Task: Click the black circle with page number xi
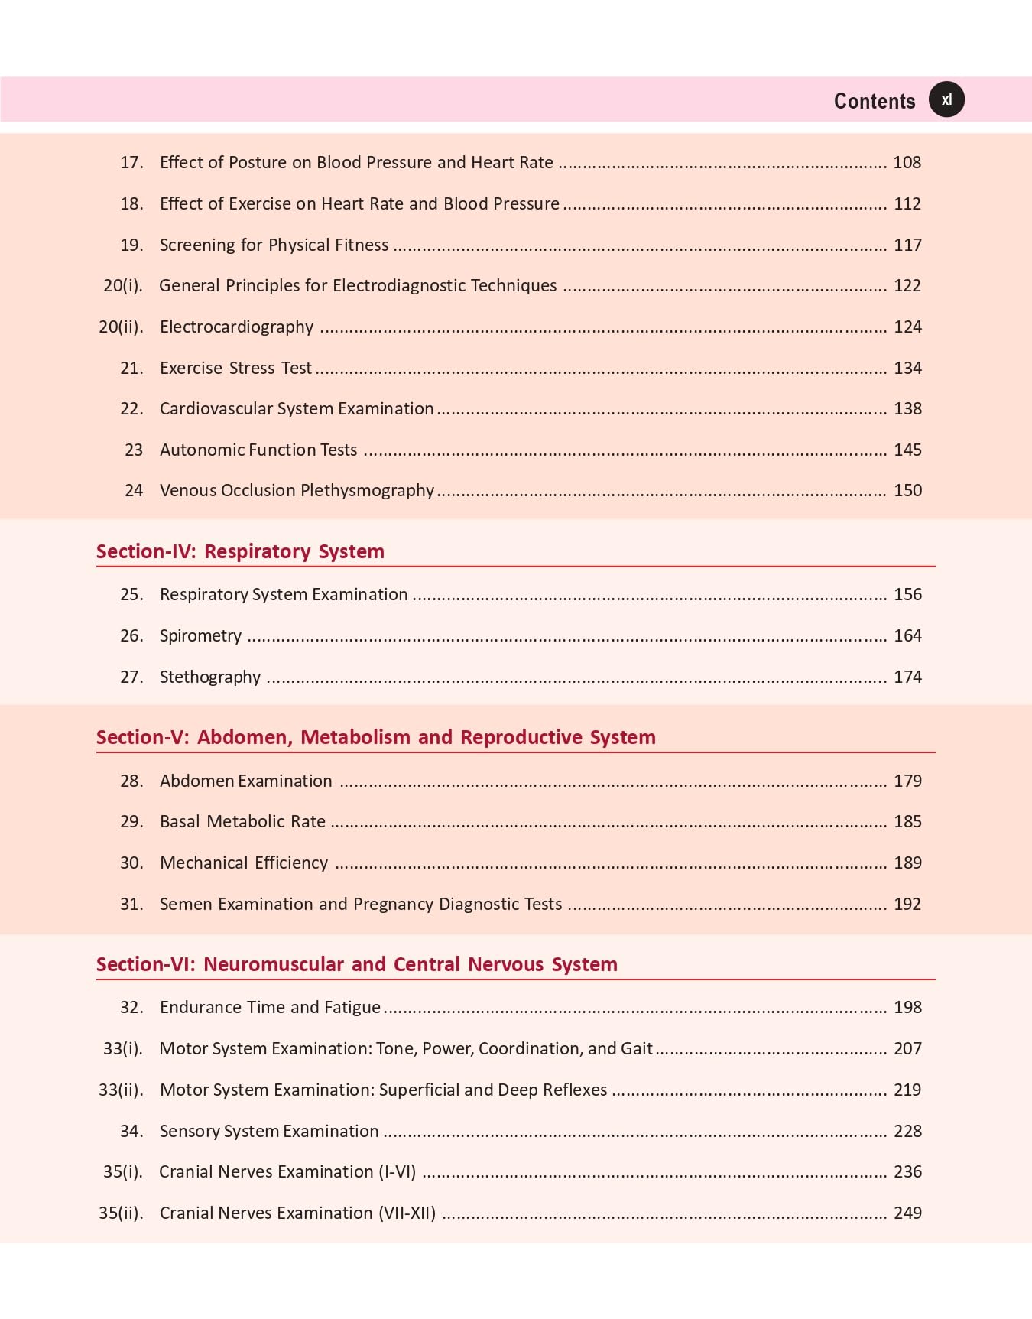click(946, 100)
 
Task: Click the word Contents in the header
click(874, 101)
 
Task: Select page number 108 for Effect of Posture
click(907, 162)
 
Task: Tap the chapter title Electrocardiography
click(236, 327)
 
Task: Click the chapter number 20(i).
click(123, 285)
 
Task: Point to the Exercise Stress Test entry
click(235, 368)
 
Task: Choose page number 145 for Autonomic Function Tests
click(907, 450)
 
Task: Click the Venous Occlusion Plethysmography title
click(297, 490)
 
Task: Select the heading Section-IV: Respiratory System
click(240, 551)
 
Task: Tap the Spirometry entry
click(200, 635)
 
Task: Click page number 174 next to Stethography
click(907, 677)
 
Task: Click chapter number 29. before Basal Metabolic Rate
click(131, 821)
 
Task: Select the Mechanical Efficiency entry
click(244, 863)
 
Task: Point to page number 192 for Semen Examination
click(907, 904)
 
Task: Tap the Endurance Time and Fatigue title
click(270, 1007)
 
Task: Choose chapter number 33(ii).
click(121, 1090)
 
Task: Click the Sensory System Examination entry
click(269, 1131)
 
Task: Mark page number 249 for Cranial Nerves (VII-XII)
click(907, 1213)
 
